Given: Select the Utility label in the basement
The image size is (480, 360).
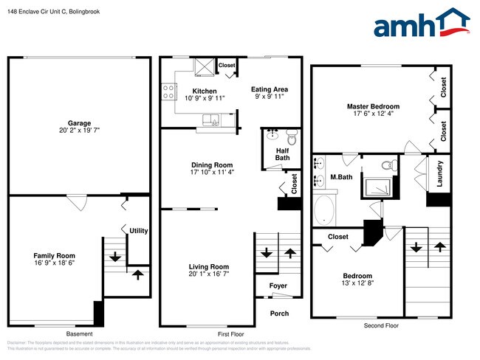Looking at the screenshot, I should coord(138,231).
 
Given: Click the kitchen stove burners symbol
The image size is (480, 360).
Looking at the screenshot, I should coord(168,91).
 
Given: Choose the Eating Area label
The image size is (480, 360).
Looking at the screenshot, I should coord(269,89).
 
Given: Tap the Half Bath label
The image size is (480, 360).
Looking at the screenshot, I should coord(281,153).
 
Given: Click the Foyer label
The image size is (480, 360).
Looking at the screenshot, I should coord(278,286).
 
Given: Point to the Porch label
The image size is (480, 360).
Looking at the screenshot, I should coord(279,314).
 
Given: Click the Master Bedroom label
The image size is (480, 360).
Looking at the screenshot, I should coord(373,107).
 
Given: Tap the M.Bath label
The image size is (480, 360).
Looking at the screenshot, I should coord(339,177).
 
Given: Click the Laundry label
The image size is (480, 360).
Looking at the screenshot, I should coord(439,173).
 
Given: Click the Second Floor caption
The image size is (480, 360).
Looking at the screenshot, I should coord(380,325).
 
